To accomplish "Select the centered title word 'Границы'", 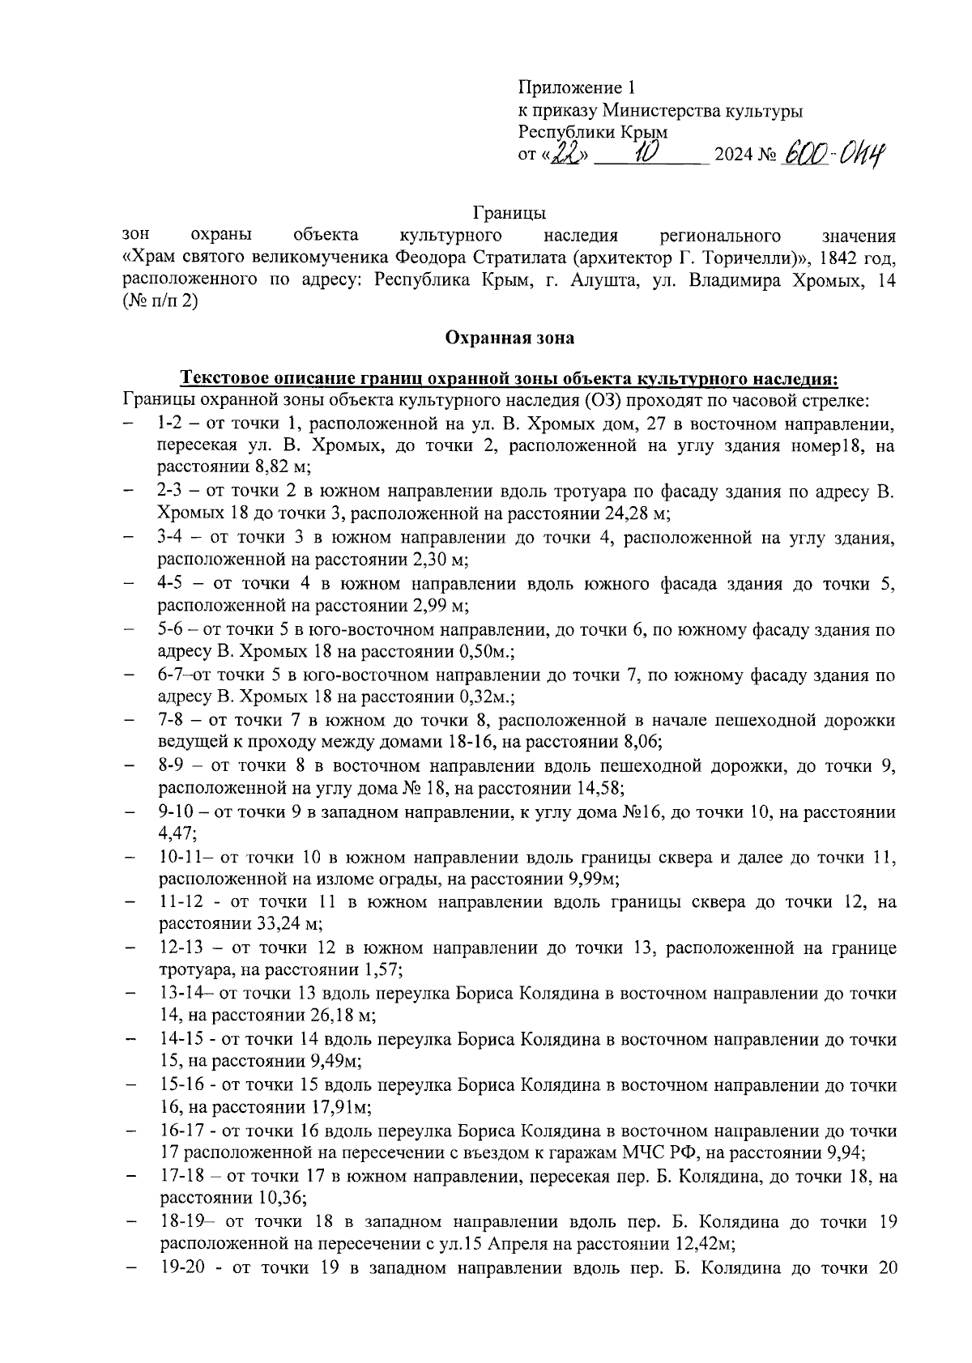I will pyautogui.click(x=509, y=214).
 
